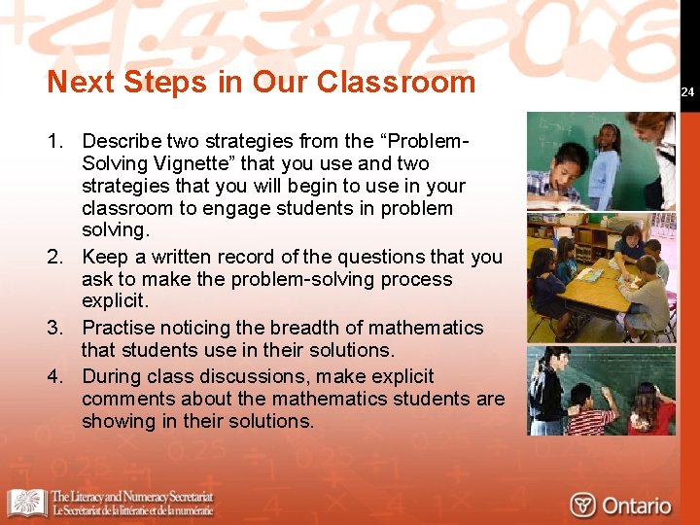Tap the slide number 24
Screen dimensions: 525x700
tap(687, 92)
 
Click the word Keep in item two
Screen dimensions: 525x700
tap(104, 257)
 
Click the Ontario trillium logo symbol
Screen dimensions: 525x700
tap(583, 505)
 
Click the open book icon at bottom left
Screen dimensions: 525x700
tap(26, 503)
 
